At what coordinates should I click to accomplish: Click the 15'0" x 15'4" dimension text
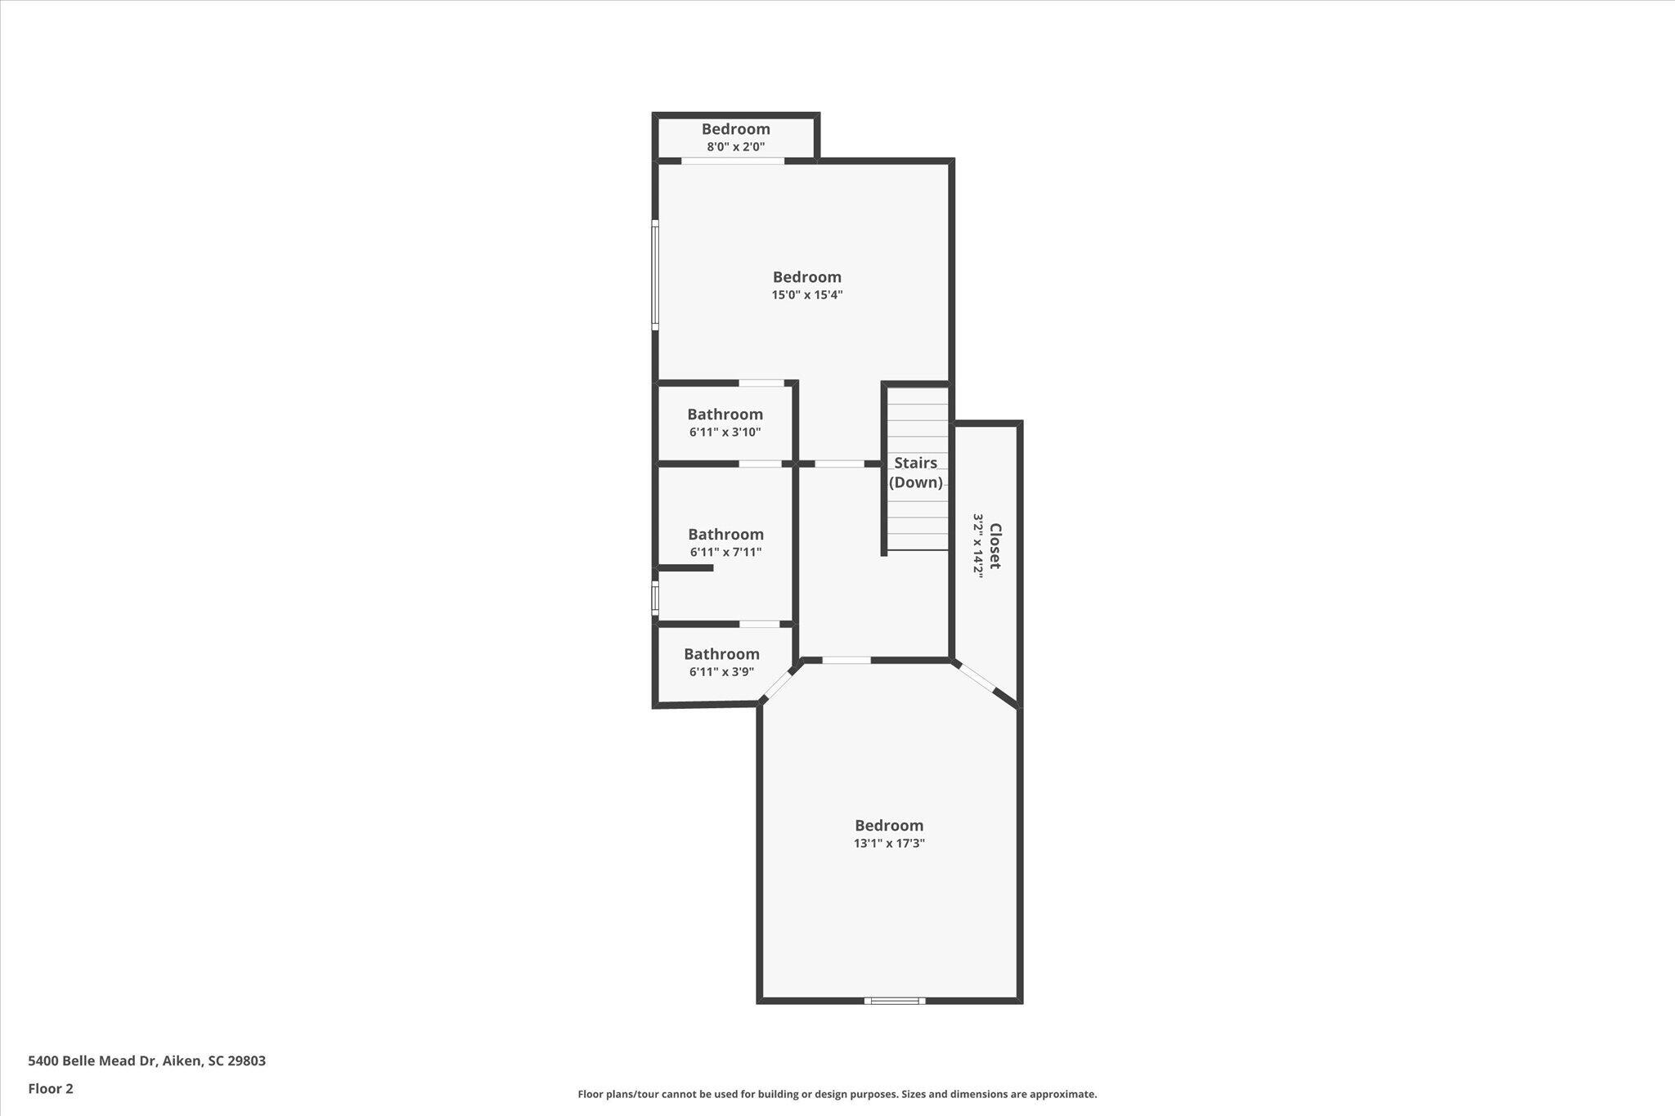pos(807,295)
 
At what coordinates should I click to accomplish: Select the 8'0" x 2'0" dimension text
pos(736,147)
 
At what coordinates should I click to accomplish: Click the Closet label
pos(995,546)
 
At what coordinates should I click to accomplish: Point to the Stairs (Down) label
pos(916,473)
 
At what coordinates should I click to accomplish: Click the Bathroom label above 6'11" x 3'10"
pos(725,415)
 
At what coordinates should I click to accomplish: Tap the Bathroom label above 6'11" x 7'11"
pos(726,535)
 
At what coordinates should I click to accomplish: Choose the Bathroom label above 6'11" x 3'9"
pos(722,654)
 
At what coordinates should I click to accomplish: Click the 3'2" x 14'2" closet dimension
pos(977,546)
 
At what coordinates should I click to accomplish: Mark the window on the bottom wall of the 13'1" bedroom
pos(895,1000)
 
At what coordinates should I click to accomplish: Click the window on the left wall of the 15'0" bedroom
pos(655,275)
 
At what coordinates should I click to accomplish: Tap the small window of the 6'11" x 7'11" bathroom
pos(655,597)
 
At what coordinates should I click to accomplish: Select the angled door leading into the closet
pos(976,679)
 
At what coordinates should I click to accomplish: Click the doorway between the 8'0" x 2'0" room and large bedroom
pos(733,160)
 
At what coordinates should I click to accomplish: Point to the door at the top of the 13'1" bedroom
pos(846,660)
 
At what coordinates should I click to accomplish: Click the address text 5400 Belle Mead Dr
pos(92,1061)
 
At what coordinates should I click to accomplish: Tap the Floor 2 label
pos(51,1089)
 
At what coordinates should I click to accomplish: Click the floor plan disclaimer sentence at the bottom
pos(837,1094)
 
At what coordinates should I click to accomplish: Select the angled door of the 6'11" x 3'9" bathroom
pos(778,683)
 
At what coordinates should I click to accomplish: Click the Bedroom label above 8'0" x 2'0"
pos(736,129)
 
